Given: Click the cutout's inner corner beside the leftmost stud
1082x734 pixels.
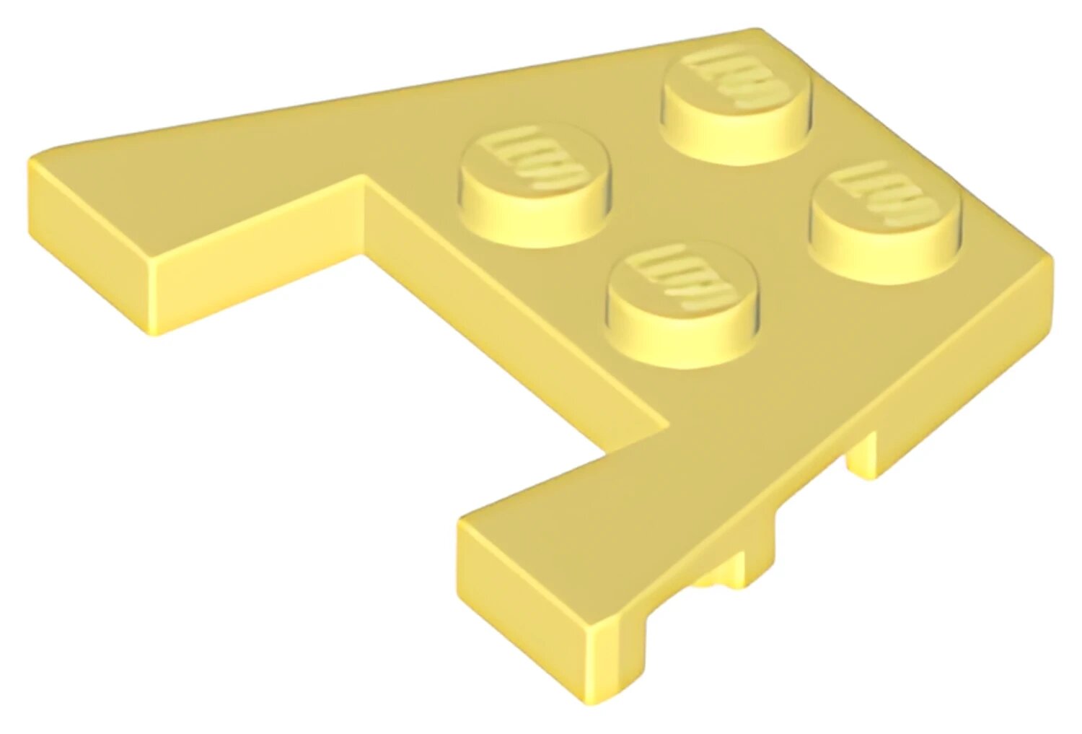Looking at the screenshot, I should tap(366, 180).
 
